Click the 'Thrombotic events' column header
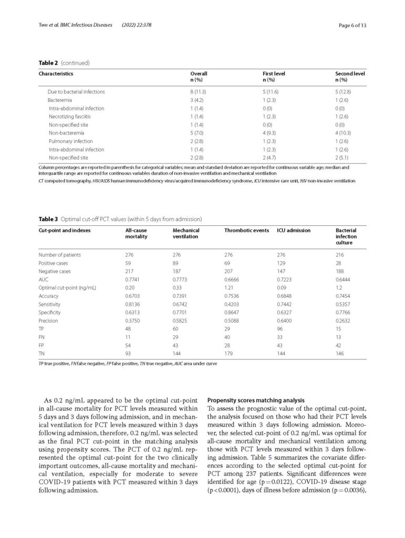246,231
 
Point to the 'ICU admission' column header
294,231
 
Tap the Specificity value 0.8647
233,312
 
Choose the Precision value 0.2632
343,320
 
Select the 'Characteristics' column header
55,74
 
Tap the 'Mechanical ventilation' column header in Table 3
186,234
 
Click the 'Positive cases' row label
54,263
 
